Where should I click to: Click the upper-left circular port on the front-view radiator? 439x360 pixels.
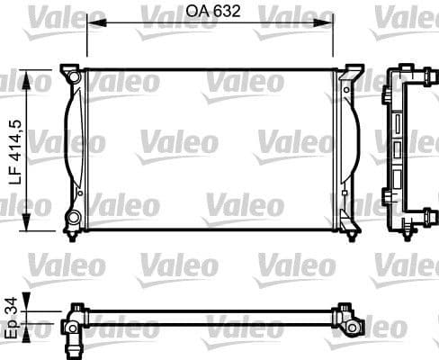point(73,80)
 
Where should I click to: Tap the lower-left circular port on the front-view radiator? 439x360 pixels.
point(73,217)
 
